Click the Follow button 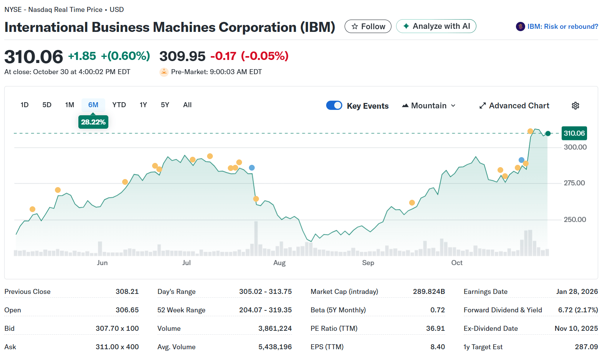coord(368,27)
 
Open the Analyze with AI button coord(436,26)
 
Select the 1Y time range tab coord(143,105)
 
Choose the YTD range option coord(119,105)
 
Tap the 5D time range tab coord(47,105)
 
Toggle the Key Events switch coord(334,106)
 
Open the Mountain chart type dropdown coord(429,106)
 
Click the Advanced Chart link coord(514,106)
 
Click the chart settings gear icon coord(575,106)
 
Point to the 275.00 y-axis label coord(574,183)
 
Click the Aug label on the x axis coord(279,263)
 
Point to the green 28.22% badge coord(93,122)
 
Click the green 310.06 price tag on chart coord(574,133)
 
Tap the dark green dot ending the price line coord(548,133)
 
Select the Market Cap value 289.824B coord(429,292)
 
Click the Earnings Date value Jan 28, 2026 coord(577,292)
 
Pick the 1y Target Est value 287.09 coord(586,347)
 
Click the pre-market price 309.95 coord(182,56)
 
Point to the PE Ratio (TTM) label coord(334,328)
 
